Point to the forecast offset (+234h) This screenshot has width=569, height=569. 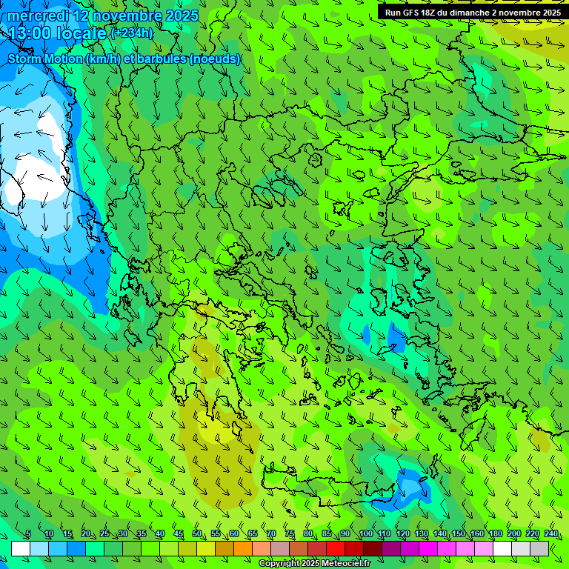tap(132, 33)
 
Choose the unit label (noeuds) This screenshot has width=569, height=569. tap(214, 59)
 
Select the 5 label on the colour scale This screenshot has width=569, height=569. tap(28, 534)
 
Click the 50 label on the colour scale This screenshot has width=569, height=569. tap(197, 534)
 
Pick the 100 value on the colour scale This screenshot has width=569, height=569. tap(365, 534)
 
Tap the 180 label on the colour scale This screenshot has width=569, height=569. tap(495, 534)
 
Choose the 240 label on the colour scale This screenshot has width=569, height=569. tap(551, 534)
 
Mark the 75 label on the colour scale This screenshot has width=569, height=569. tap(290, 534)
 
